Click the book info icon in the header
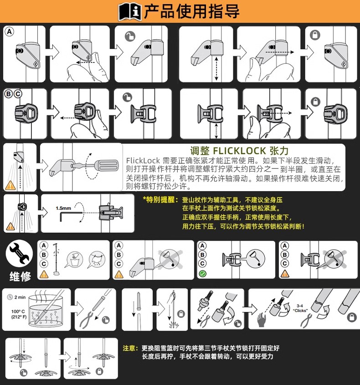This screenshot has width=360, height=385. click(x=130, y=11)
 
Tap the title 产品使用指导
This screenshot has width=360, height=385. click(x=192, y=11)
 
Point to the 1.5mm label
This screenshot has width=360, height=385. click(x=63, y=208)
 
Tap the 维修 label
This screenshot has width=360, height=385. click(x=21, y=276)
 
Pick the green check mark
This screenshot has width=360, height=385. click(x=203, y=274)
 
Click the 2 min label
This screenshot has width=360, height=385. click(x=20, y=297)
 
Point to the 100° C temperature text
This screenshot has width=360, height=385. click(x=18, y=312)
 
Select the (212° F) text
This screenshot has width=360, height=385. click(x=19, y=317)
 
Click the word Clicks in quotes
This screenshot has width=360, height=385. click(x=300, y=310)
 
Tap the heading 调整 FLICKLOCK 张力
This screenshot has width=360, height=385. click(x=239, y=151)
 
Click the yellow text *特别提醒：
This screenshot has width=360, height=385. click(x=160, y=200)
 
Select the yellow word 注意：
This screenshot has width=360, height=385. click(x=130, y=348)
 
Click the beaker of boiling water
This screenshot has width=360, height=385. click(x=46, y=311)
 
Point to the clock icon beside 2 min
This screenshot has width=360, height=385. click(x=10, y=297)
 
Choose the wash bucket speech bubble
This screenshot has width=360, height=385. click(x=74, y=259)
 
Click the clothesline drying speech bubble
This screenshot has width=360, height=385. click(x=97, y=259)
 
